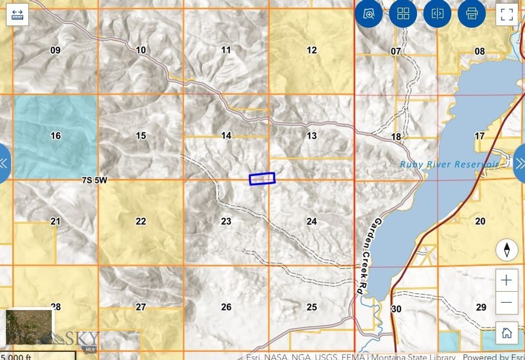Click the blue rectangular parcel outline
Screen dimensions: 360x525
(x=262, y=178)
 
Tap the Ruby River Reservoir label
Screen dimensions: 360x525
(x=449, y=164)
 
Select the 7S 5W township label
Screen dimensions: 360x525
(x=94, y=180)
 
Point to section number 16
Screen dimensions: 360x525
(x=55, y=136)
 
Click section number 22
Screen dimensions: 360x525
(x=140, y=222)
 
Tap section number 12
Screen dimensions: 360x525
(x=312, y=50)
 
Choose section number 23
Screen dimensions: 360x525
(x=226, y=222)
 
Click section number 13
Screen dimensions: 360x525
(x=312, y=136)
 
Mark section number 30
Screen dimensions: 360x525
(x=396, y=309)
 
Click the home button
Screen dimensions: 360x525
(x=507, y=333)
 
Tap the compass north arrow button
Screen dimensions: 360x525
(x=507, y=250)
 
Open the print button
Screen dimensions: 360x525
(x=472, y=14)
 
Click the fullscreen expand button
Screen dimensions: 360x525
(x=507, y=14)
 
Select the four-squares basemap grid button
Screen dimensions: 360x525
(x=403, y=14)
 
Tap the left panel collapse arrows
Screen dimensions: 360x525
(x=4, y=163)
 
